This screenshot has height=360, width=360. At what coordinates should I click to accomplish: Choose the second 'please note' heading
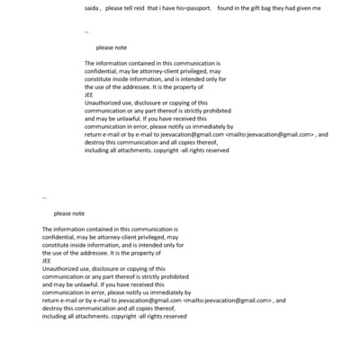tap(69, 213)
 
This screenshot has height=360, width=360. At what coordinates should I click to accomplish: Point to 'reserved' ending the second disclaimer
tap(172, 316)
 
